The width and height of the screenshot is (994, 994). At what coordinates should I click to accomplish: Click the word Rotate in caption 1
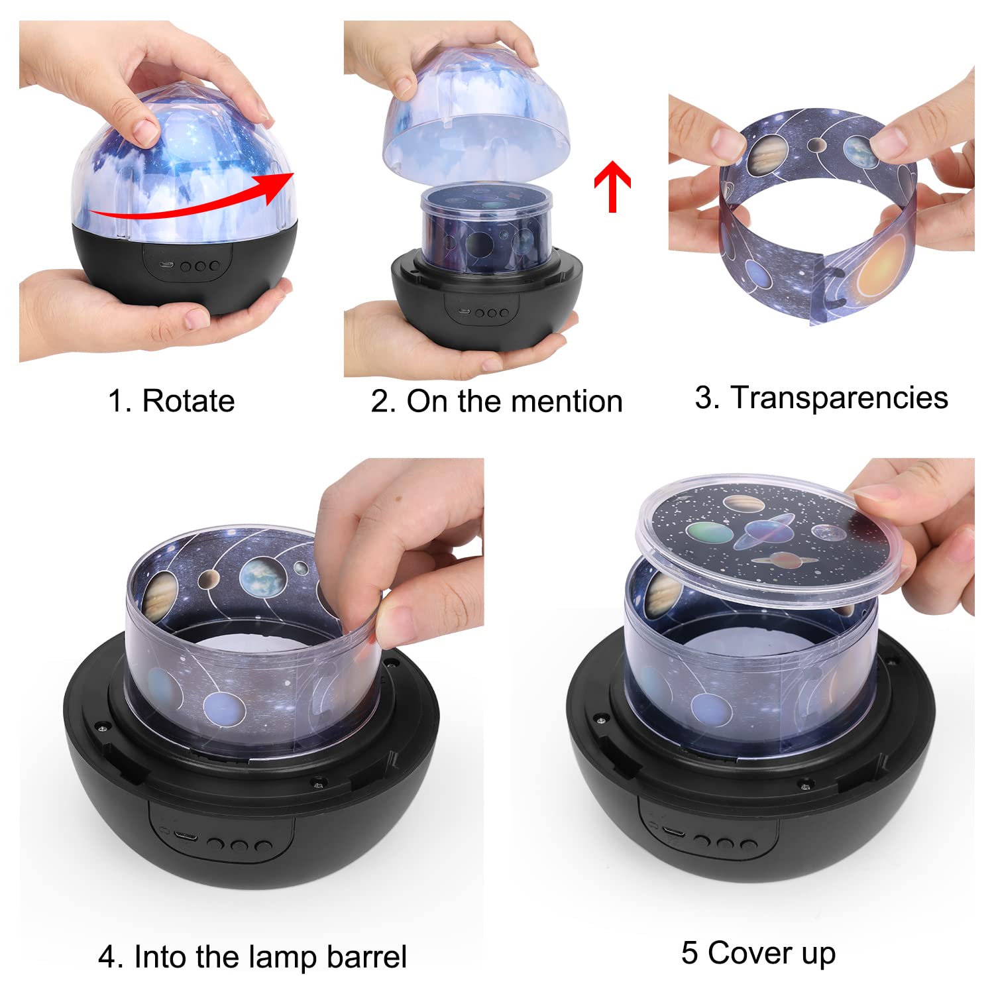(189, 402)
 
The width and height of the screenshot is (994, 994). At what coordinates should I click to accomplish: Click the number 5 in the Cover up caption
(689, 953)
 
